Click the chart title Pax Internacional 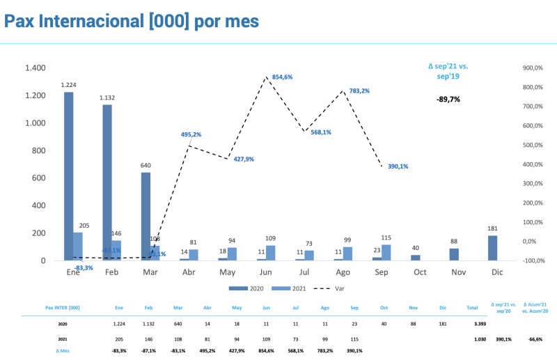pos(132,22)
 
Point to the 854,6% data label pos(282,77)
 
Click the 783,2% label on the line pos(359,91)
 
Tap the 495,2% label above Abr pos(191,134)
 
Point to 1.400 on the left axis pos(35,68)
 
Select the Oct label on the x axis pos(419,272)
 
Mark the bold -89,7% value pos(448,100)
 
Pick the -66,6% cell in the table pos(535,339)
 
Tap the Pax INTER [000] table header pos(62,307)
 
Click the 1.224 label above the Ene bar pos(68,85)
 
